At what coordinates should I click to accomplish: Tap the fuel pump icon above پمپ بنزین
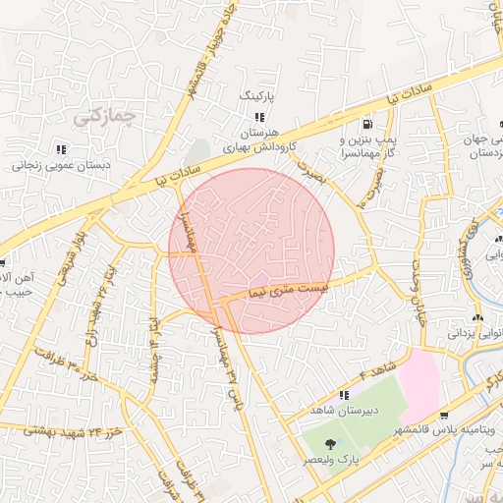point(366,125)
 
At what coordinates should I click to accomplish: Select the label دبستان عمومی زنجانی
point(61,166)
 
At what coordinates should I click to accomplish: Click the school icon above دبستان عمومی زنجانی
point(60,149)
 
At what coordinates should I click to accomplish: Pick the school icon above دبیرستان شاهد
point(344,395)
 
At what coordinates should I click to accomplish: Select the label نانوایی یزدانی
point(475,334)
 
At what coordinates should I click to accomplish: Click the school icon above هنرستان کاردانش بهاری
point(259,117)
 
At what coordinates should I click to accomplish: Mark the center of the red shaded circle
point(251,251)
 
